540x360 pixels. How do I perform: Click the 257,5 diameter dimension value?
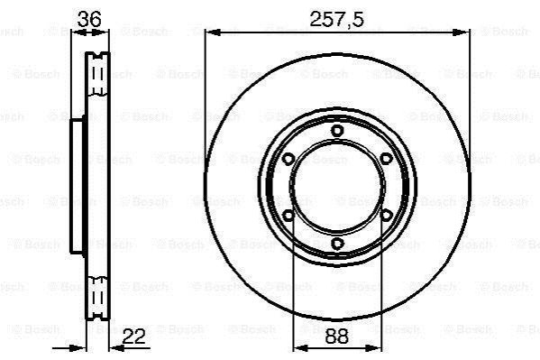pos(336,19)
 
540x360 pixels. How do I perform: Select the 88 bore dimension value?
pos(337,337)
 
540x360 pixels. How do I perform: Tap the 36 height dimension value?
pos(89,19)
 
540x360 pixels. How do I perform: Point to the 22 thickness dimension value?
pos(134,337)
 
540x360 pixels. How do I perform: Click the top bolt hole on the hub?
pos(337,131)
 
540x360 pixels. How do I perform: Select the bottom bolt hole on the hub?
pos(337,244)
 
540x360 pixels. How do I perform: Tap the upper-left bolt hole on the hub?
pos(288,159)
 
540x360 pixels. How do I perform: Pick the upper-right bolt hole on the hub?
pos(387,159)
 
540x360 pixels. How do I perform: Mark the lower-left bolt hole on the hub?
pos(288,216)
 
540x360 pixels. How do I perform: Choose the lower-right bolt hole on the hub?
pos(387,216)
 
